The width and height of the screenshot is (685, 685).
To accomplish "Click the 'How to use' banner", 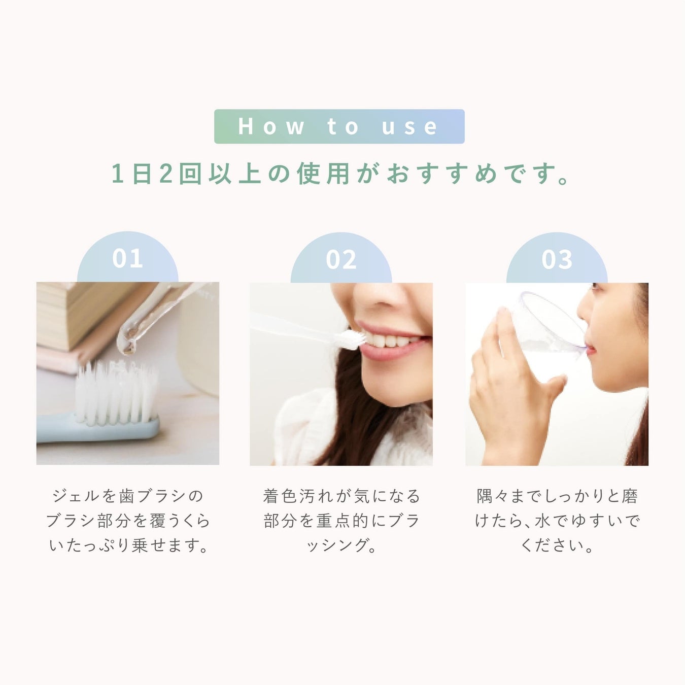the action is click(x=339, y=126).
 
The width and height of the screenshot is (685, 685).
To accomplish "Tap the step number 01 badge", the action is click(x=128, y=258).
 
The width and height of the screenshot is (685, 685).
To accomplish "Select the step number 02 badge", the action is click(x=341, y=258).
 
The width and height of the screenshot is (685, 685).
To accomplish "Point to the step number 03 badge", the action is click(x=557, y=258).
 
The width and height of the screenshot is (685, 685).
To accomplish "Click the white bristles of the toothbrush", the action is click(x=117, y=392).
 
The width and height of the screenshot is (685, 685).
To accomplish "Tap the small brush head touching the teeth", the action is click(x=351, y=339).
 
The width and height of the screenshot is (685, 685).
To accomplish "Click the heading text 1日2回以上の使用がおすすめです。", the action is click(x=340, y=174).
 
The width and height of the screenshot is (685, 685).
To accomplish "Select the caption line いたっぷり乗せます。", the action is click(x=128, y=545).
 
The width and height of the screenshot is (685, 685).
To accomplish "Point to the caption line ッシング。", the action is click(x=341, y=545).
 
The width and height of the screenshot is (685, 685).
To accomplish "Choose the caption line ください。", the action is click(x=557, y=545).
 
